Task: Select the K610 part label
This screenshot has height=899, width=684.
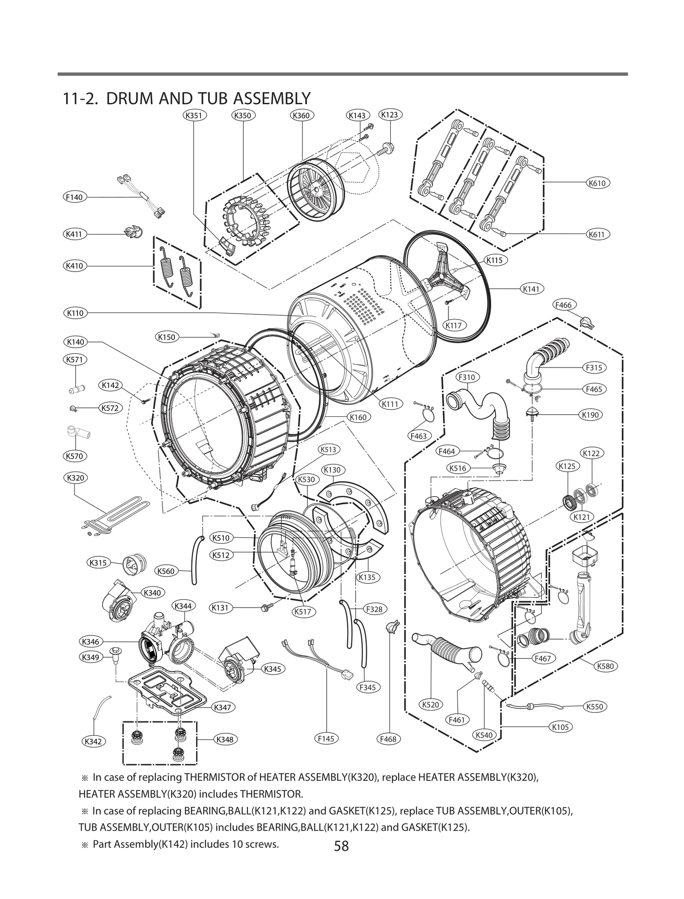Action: [x=597, y=183]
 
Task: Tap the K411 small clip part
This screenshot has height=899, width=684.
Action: [x=133, y=233]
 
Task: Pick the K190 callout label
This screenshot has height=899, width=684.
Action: [x=590, y=415]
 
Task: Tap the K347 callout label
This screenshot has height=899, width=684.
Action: [x=223, y=707]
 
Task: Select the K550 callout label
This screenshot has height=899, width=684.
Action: [x=595, y=706]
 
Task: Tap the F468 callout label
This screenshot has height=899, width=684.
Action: [x=388, y=739]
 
